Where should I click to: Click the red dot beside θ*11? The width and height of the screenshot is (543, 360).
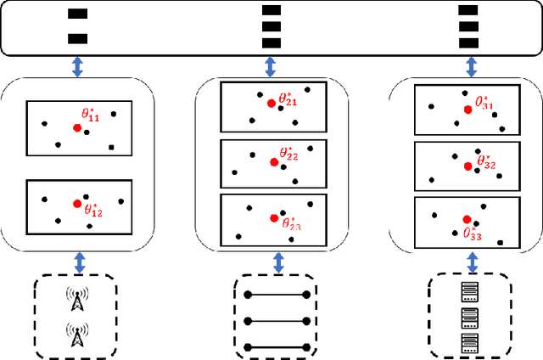point(77,127)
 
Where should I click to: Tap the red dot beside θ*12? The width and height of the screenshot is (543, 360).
point(77,204)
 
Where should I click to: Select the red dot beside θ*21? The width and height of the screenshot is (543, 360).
point(271,103)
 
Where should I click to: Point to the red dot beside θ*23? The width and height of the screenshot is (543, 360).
point(273,218)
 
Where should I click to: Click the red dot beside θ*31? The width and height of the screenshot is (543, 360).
point(467,109)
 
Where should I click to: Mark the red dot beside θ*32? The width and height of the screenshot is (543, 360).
point(467,166)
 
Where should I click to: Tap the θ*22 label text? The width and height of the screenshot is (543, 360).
point(289,155)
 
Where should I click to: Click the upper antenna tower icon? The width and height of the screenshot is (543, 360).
point(77,301)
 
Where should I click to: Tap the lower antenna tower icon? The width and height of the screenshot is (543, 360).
point(77,336)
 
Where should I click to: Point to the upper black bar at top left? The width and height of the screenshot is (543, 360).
point(77,14)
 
